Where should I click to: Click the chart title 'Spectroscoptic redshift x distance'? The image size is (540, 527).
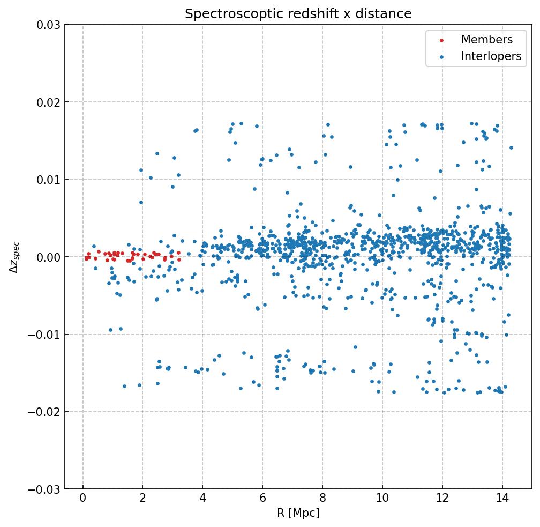click(x=298, y=14)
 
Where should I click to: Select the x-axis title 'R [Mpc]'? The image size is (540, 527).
click(x=298, y=513)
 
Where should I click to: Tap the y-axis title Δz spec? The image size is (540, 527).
click(x=14, y=257)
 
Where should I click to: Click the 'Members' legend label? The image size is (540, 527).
click(x=486, y=40)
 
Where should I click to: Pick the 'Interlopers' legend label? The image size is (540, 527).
click(x=491, y=56)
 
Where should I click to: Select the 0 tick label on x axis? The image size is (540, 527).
click(x=83, y=499)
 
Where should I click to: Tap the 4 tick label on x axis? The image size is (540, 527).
click(x=202, y=499)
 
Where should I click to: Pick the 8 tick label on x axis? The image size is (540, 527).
click(x=322, y=499)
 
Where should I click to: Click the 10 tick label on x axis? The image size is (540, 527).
click(x=382, y=499)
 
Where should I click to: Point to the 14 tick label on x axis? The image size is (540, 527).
click(x=502, y=499)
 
